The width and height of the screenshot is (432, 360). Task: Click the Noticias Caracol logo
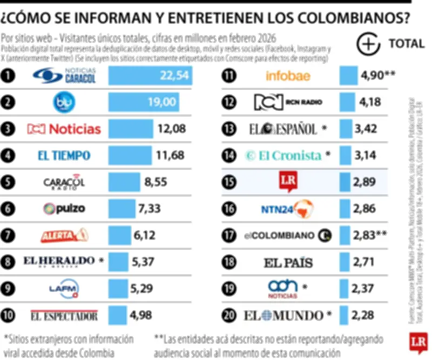coord(64,76)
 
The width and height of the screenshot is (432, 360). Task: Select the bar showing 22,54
coord(150,76)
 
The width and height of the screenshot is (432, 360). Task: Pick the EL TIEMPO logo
coord(64,156)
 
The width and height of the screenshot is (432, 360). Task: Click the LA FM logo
coord(64,288)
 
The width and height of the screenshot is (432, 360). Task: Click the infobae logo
coord(288,76)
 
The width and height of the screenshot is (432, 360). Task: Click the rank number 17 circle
coord(231,235)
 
